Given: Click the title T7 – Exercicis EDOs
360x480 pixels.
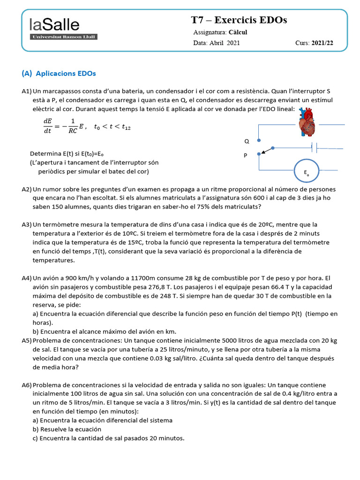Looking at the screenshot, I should point(239,20).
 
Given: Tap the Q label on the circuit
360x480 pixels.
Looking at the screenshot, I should point(247,141).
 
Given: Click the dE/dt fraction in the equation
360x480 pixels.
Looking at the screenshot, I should point(48,127).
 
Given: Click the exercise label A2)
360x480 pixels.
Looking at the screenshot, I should point(27,189).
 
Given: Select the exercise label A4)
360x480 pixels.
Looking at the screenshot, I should point(27,278).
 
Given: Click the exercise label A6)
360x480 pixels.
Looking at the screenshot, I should point(27,385).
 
